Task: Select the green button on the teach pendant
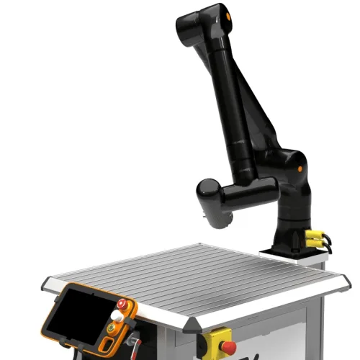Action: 112,328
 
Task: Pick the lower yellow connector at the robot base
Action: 314,243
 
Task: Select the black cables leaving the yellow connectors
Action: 329,241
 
